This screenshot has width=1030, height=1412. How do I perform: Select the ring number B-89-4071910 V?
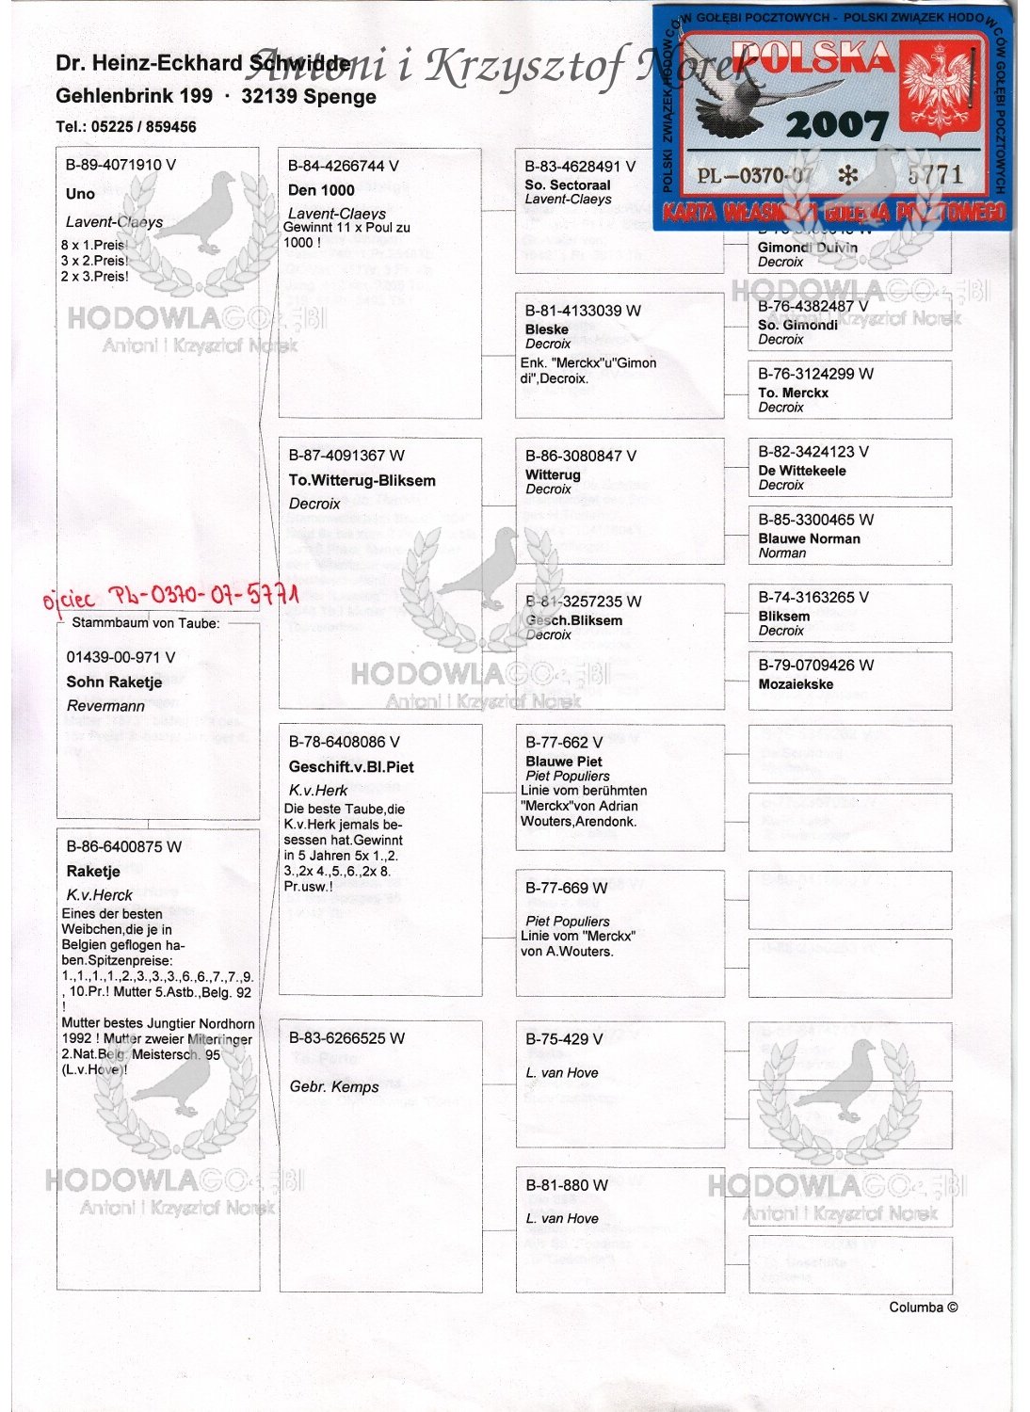(121, 165)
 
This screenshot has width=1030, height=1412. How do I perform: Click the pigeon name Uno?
(81, 194)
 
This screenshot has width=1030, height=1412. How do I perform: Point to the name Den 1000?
(321, 190)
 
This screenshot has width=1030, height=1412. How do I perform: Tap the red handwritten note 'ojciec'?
(69, 600)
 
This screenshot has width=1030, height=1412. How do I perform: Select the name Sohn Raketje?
(114, 682)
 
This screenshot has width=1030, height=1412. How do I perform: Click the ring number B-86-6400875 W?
(123, 847)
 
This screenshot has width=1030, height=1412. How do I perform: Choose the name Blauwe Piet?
(564, 762)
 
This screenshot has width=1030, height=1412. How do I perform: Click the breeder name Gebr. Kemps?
(334, 1087)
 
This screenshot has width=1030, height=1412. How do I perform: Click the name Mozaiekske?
(796, 684)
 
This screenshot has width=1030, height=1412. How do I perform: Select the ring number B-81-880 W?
(567, 1186)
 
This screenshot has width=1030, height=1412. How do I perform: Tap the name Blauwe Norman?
(809, 539)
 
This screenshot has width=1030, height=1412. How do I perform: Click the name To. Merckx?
(793, 393)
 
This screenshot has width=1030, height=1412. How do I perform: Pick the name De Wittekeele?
(802, 471)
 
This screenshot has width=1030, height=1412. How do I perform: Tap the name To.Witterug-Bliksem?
(362, 480)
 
